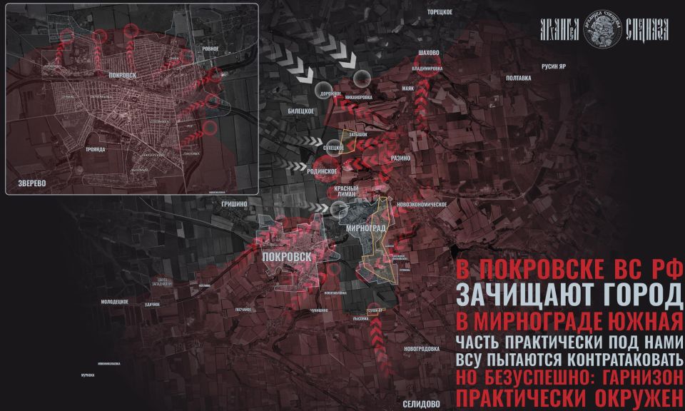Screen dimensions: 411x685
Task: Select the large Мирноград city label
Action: (x=365, y=228)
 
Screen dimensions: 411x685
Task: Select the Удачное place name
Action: (x=151, y=304)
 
